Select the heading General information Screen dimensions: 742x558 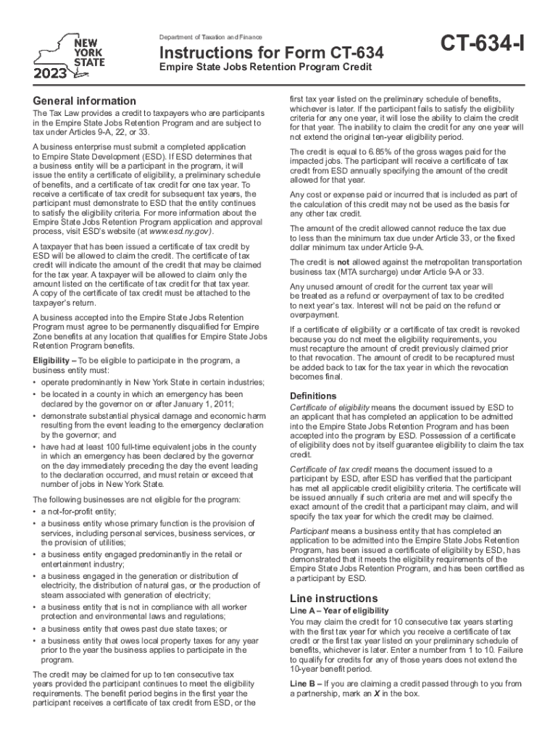click(84, 101)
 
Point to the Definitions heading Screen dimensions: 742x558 click(313, 396)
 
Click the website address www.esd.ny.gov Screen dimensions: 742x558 click(180, 231)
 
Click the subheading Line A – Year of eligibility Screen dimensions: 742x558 click(339, 612)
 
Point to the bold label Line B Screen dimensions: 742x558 click(304, 683)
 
